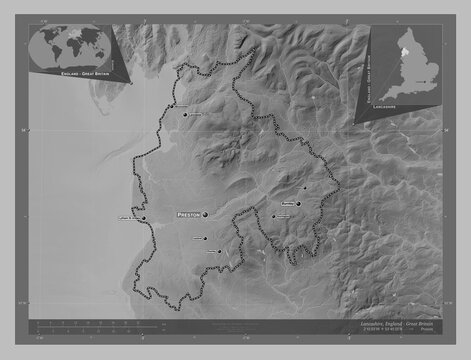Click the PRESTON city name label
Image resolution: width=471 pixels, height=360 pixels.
[188, 215]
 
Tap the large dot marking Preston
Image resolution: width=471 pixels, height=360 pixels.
[205, 215]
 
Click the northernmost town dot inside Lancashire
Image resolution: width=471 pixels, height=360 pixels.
[185, 115]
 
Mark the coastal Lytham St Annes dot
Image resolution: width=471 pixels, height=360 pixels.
[144, 219]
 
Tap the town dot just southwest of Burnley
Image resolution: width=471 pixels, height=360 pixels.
[272, 216]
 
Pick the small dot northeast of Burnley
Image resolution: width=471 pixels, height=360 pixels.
[305, 187]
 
